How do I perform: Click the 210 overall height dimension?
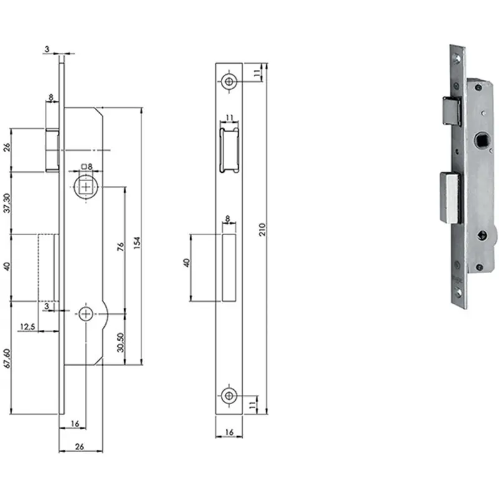(262, 229)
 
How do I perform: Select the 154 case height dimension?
(137, 243)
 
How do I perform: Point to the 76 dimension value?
(120, 246)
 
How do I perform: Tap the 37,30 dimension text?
(7, 203)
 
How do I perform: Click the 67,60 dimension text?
(7, 359)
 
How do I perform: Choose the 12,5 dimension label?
(27, 327)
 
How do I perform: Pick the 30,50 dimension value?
(120, 342)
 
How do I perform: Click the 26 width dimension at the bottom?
(79, 447)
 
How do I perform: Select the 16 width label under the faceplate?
(229, 432)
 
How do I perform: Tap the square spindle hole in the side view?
(86, 187)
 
